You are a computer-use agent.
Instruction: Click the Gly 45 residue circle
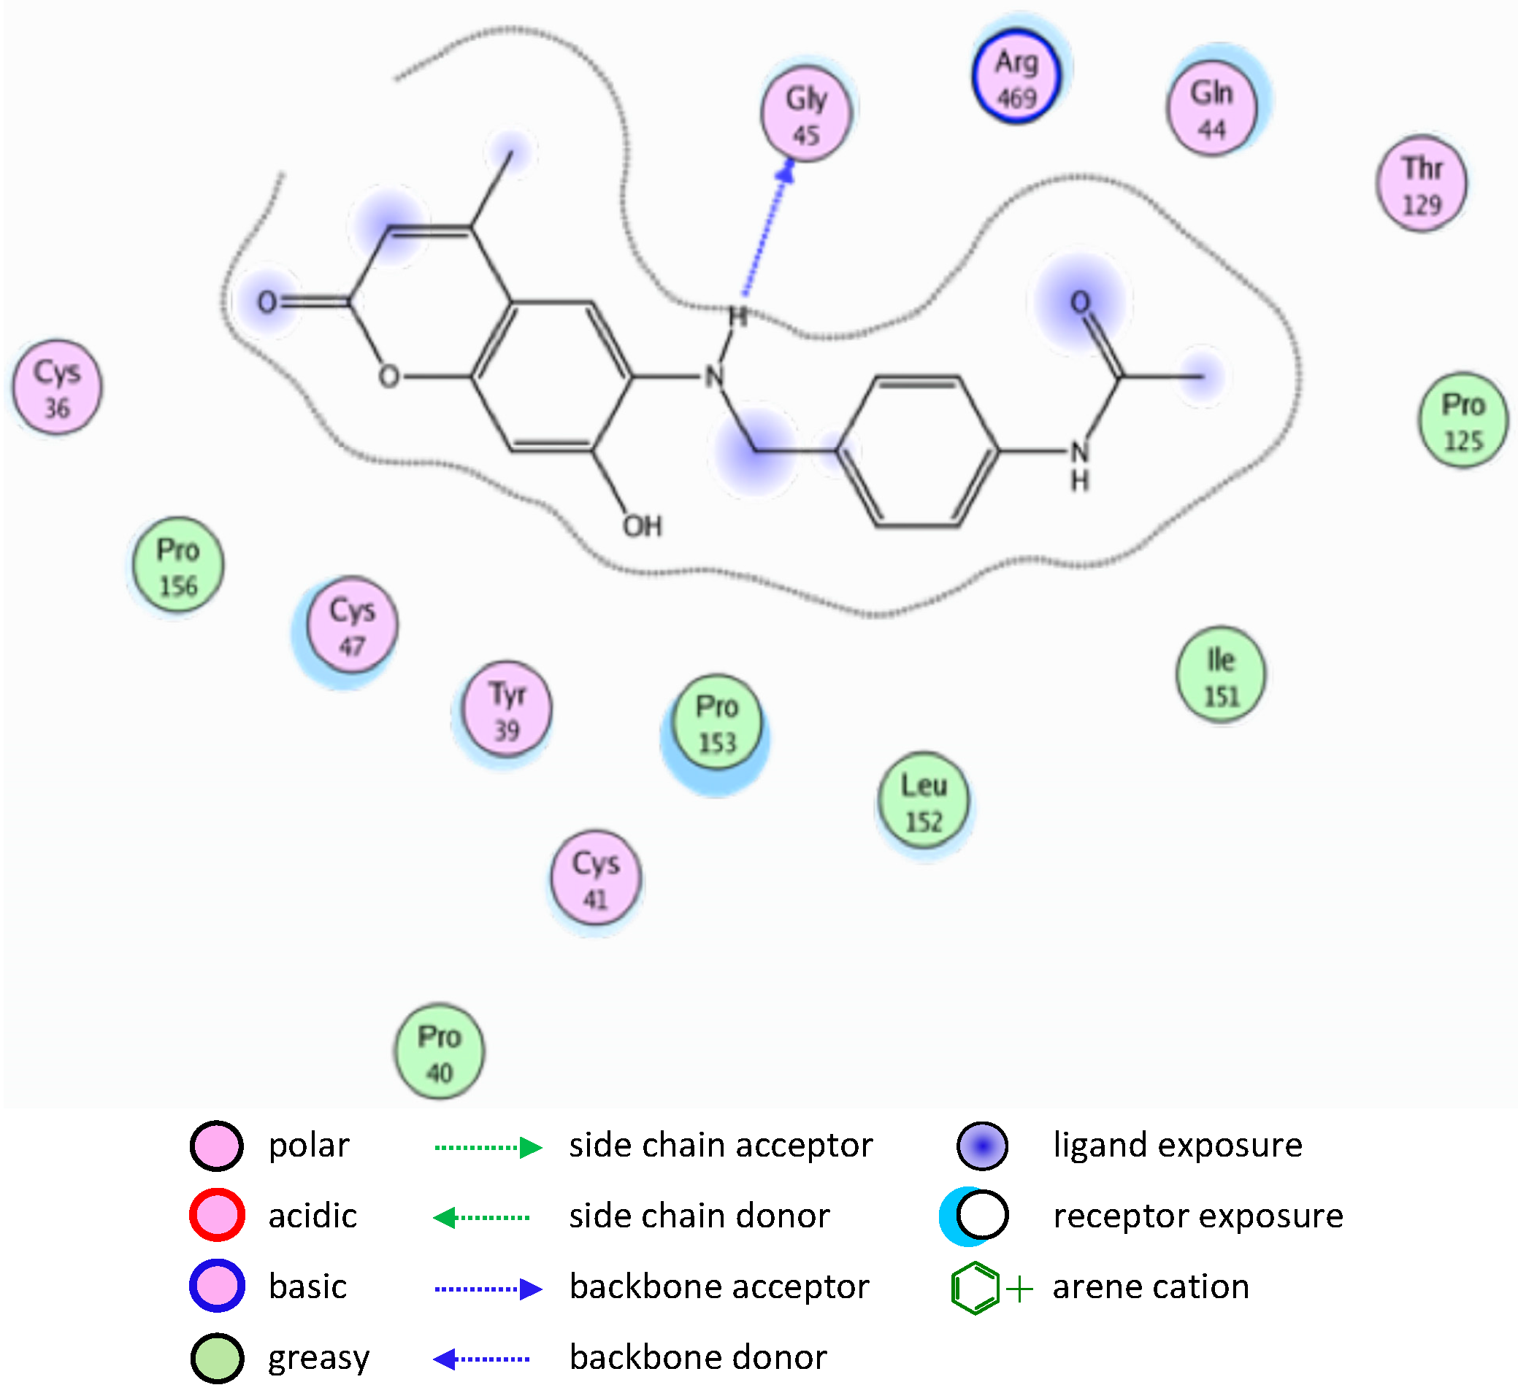[806, 117]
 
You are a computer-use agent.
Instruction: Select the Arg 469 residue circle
[1016, 78]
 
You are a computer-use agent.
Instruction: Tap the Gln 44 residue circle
[1212, 110]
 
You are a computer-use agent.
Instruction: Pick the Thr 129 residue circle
[1422, 185]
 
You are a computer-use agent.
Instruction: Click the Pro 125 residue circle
[1463, 422]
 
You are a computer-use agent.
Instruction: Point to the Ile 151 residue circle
[1221, 676]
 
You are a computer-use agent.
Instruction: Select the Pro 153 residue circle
[717, 724]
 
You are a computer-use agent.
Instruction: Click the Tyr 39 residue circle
[507, 711]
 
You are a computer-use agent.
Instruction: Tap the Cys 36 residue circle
[57, 389]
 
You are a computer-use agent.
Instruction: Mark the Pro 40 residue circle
[440, 1053]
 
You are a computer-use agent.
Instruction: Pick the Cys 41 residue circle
[596, 880]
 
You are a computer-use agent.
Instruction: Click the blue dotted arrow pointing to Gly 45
[765, 234]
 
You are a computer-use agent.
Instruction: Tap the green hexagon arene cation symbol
[975, 1288]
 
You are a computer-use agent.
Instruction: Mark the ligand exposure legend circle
[982, 1146]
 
